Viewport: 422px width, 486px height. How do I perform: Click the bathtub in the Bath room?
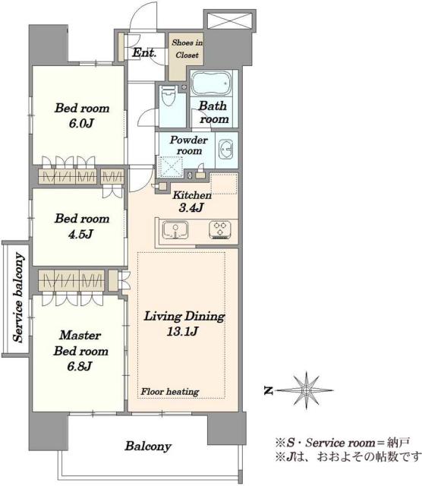[211, 83]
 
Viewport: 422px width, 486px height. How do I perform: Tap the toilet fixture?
[168, 96]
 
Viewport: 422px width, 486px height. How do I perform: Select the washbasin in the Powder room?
[226, 150]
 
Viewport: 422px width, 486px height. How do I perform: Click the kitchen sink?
[175, 230]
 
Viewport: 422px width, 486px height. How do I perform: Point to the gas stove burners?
[220, 229]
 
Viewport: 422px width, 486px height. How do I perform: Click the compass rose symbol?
[307, 390]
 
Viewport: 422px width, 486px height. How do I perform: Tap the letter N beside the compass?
[269, 390]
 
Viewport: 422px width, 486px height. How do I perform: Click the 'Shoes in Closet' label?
[187, 49]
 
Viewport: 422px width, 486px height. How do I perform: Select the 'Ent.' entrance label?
[144, 52]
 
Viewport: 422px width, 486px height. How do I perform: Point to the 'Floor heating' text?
[170, 392]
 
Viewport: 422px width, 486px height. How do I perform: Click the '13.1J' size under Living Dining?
[182, 332]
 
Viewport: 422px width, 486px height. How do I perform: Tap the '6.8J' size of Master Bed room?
[80, 366]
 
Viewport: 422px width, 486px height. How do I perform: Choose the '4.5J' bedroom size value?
[80, 234]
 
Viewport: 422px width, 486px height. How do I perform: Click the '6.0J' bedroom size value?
[81, 123]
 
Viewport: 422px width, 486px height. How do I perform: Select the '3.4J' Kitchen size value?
[191, 207]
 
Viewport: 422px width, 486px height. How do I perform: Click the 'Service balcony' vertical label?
[19, 298]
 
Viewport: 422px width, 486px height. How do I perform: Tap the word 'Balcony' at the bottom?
[148, 447]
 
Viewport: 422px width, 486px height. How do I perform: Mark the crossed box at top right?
[229, 21]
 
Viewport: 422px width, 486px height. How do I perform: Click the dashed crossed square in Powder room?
[171, 166]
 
